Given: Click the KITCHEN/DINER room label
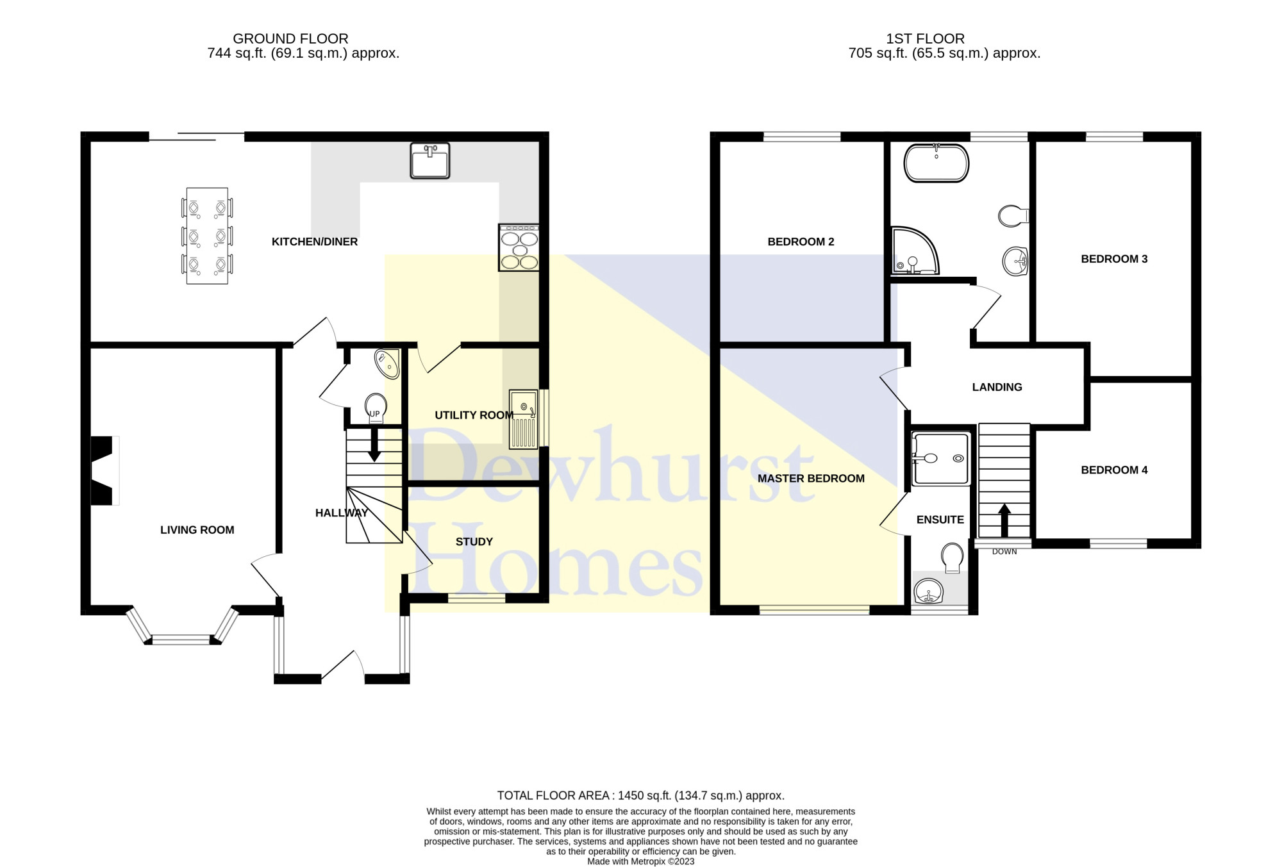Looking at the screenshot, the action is click(x=315, y=242).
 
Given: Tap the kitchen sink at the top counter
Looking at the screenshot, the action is click(x=430, y=160).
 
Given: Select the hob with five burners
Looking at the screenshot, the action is click(x=519, y=247).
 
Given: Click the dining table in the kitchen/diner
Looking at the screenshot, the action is click(x=207, y=236).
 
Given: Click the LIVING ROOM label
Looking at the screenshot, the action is click(x=197, y=530).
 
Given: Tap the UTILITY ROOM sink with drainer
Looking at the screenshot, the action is click(x=524, y=419).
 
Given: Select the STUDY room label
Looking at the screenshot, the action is click(x=474, y=541).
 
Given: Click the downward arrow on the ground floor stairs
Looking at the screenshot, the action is click(x=374, y=444).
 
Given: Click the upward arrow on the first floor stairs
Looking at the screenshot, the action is click(x=1004, y=520).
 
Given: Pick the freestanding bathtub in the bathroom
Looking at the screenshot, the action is click(x=937, y=163).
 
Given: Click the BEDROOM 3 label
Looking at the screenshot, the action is click(x=1114, y=259).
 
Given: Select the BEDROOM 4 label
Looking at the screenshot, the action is click(x=1114, y=470).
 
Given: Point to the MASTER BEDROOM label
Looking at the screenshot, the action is click(x=811, y=478).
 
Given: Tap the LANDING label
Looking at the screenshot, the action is click(x=997, y=387).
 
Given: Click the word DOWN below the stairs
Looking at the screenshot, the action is click(x=1004, y=552).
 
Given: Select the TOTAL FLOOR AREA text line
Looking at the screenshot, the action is click(x=641, y=795).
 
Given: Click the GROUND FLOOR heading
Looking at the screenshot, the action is click(x=290, y=38).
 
